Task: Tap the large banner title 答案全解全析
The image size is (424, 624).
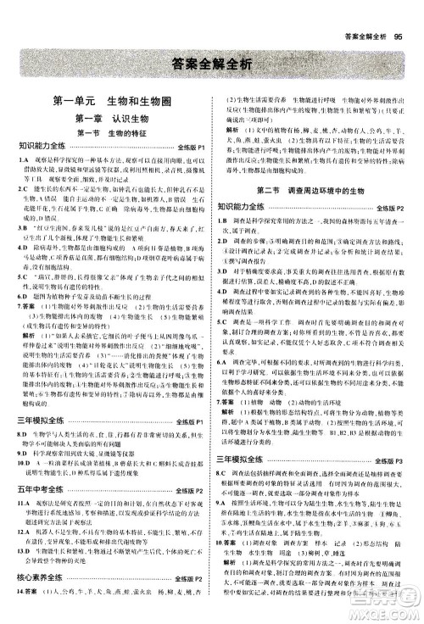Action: [x=211, y=63]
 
